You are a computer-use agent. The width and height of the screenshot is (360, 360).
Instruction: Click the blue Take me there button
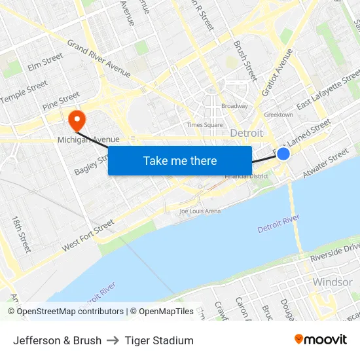pyautogui.click(x=180, y=160)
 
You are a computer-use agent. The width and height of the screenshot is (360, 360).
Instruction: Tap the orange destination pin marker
pyautogui.click(x=77, y=120)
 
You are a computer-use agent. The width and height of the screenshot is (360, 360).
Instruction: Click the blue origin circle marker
pyautogui.click(x=283, y=153)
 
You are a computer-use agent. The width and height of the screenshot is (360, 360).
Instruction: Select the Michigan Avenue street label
pyautogui.click(x=88, y=139)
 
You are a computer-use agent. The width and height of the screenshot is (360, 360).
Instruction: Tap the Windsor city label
pyautogui.click(x=332, y=282)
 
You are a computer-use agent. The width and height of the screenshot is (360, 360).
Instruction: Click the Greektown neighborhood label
pyautogui.click(x=278, y=115)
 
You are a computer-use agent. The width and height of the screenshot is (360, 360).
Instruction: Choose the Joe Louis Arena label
pyautogui.click(x=200, y=211)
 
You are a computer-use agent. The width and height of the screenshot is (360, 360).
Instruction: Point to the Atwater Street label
pyautogui.click(x=325, y=164)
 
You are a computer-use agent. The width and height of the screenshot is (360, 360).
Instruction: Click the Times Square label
pyautogui.click(x=204, y=124)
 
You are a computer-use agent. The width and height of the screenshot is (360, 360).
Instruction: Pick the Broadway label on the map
pyautogui.click(x=234, y=106)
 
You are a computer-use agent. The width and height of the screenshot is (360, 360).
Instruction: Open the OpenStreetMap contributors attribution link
pyautogui.click(x=69, y=312)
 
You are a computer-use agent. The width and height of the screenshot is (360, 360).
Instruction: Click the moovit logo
pyautogui.click(x=320, y=340)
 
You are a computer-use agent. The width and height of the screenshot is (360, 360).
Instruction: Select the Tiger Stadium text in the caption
pyautogui.click(x=159, y=340)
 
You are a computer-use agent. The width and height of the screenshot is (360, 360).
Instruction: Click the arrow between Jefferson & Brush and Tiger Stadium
pyautogui.click(x=113, y=340)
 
